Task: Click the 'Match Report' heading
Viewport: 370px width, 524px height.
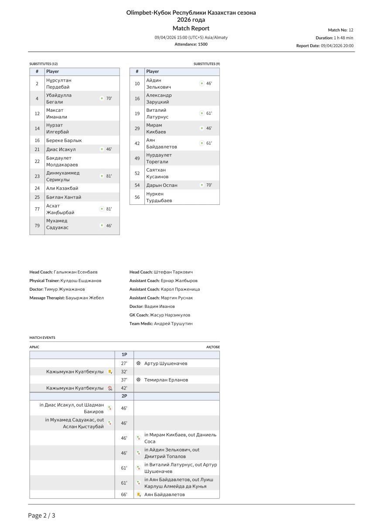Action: coord(191,28)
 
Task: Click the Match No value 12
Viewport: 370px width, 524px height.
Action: coord(351,30)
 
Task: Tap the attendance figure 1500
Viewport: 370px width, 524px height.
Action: coord(202,44)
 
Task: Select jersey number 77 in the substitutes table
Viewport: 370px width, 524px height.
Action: coord(37,209)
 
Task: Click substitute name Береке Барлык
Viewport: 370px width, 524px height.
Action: coord(64,141)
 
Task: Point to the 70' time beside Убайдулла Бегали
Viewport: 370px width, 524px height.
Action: coord(109,99)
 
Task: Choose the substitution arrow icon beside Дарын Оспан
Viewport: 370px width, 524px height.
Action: coord(202,185)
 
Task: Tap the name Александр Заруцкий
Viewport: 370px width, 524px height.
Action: coord(159,99)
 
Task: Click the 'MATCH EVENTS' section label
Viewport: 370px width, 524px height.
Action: coord(42,338)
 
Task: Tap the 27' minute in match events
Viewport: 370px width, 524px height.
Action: coord(124,363)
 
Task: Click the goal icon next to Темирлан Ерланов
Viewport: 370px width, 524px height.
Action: coord(139,380)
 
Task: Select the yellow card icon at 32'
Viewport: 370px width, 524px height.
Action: coord(110,372)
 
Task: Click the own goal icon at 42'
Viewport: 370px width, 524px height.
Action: coord(110,388)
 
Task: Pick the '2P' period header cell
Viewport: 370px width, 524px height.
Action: coord(124,396)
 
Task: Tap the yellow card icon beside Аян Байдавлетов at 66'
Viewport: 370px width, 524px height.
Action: coord(139,494)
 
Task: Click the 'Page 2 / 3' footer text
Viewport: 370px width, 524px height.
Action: coord(42,516)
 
